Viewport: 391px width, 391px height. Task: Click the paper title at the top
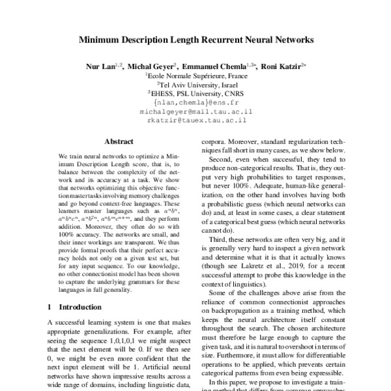pyautogui.click(x=195, y=40)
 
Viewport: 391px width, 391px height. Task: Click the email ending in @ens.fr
pyautogui.click(x=195, y=102)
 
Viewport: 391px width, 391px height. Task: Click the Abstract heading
pyautogui.click(x=119, y=141)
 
